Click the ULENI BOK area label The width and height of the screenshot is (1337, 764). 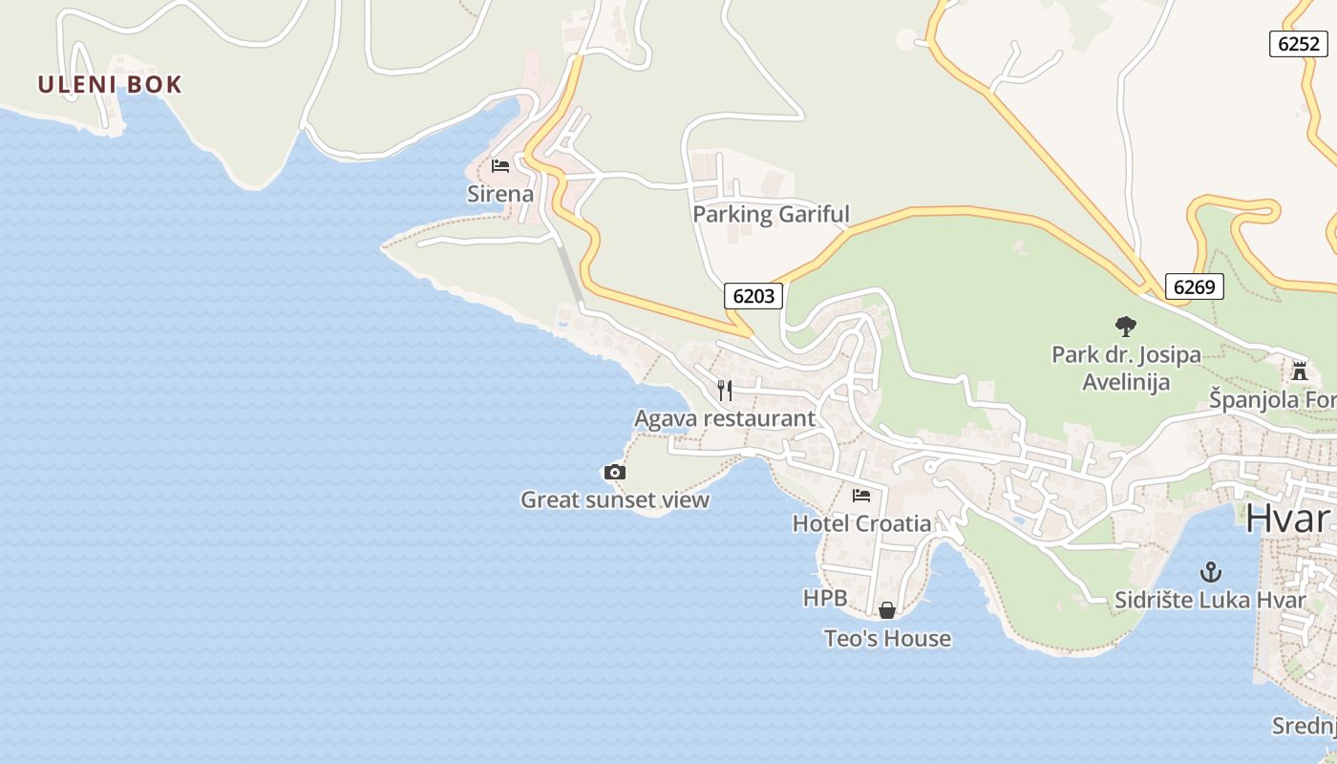pos(110,84)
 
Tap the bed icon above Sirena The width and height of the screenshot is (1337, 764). pos(500,166)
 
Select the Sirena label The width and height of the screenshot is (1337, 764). pos(500,194)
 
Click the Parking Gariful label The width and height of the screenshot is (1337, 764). pos(771,214)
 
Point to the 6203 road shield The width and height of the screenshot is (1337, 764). pos(753,296)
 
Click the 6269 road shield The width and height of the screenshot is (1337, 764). pos(1194,286)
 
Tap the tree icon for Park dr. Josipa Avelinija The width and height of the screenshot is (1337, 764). pos(1126,327)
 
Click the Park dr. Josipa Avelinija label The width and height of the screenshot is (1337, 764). pos(1126,369)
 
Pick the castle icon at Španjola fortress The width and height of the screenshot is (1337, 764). pos(1299,371)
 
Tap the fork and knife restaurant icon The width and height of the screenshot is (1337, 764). pos(725,390)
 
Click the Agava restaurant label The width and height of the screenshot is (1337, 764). pos(725,418)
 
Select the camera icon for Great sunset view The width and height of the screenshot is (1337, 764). pos(615,472)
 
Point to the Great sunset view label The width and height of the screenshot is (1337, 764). pos(615,499)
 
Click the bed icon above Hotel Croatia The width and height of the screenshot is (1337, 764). pos(861,496)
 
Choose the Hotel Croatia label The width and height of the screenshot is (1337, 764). pos(861,523)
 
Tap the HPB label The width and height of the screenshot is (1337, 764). pos(825,598)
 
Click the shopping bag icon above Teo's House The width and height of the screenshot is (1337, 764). pos(887,610)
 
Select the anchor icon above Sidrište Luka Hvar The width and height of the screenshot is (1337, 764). pos(1210,572)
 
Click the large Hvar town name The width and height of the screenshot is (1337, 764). pos(1288,519)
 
